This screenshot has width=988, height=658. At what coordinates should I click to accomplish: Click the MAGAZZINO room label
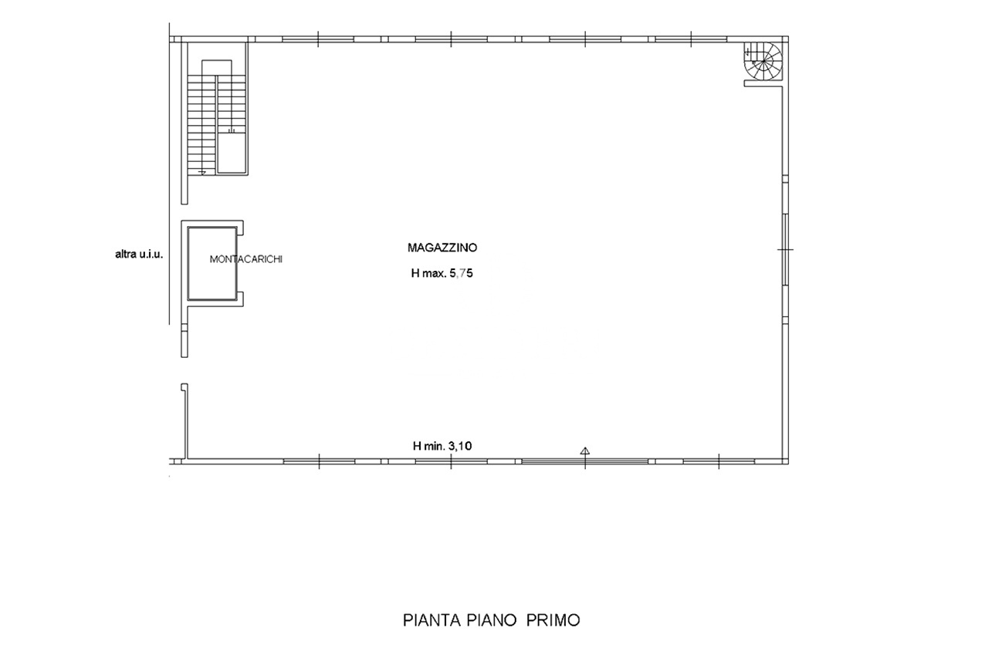click(442, 248)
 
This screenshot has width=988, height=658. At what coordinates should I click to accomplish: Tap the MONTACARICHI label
click(245, 260)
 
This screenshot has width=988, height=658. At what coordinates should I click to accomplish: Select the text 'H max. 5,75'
click(442, 273)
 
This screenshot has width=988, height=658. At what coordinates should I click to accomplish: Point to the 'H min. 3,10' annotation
click(442, 446)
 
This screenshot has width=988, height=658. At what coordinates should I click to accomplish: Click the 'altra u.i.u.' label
click(139, 255)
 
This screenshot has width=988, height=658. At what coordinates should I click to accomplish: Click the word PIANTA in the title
click(431, 620)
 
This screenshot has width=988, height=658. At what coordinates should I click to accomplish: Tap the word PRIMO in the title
click(553, 620)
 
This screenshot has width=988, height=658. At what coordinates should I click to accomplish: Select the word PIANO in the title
click(492, 620)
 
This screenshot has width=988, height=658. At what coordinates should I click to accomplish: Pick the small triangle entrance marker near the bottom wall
click(585, 450)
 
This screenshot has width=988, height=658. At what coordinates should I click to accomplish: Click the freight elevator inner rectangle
click(212, 263)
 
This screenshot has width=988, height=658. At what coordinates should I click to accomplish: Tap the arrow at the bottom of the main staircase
click(202, 173)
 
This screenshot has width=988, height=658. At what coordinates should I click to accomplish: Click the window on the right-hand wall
click(785, 249)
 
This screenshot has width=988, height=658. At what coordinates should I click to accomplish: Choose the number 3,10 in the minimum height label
click(460, 446)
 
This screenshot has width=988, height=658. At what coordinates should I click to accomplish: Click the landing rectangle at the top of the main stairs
click(217, 67)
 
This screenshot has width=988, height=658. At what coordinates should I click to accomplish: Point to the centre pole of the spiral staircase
click(764, 62)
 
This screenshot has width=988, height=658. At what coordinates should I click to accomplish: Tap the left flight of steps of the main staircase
click(201, 125)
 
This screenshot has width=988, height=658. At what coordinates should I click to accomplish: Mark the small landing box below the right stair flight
click(232, 153)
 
